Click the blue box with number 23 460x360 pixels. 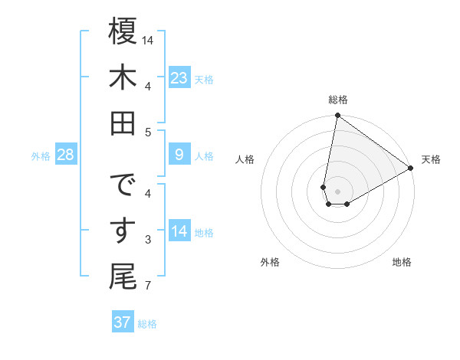tap(179, 78)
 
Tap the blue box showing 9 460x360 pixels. tap(179, 155)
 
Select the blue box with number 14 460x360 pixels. tap(179, 232)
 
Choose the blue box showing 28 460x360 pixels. tap(66, 155)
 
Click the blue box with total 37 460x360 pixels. tap(123, 322)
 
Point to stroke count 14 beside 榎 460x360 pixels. tap(149, 40)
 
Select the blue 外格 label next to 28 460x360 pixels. tap(41, 156)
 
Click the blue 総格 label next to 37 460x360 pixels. tap(147, 324)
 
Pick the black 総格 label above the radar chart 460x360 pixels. tap(337, 100)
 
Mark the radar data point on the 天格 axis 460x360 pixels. tap(411, 169)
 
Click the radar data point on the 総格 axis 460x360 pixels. tap(337, 116)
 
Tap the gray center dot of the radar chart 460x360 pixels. tap(337, 190)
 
